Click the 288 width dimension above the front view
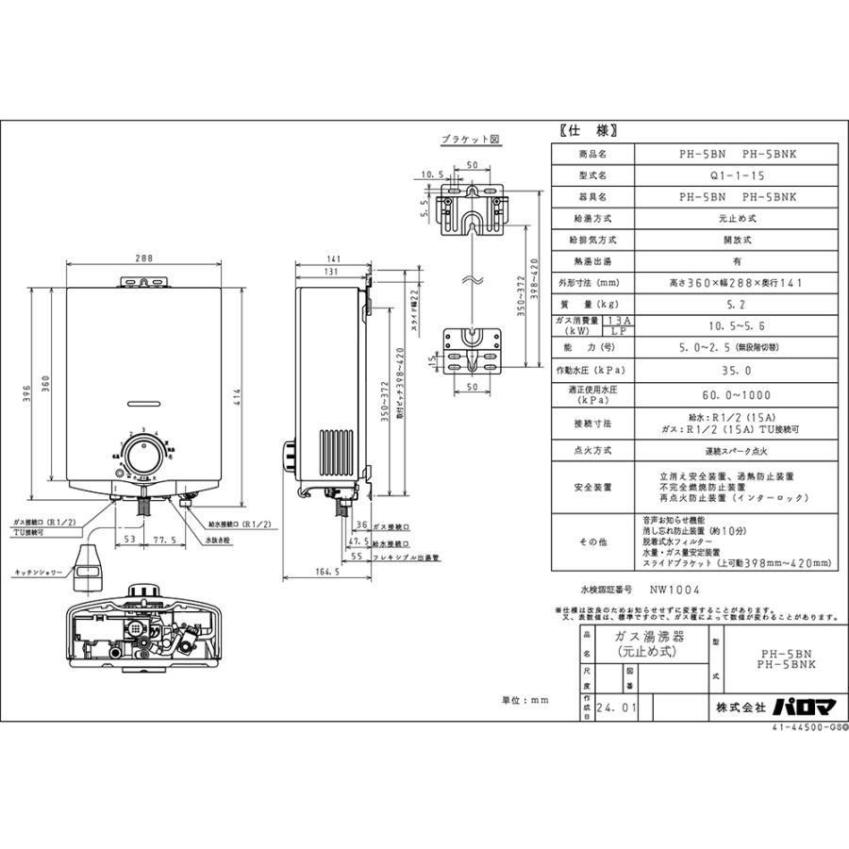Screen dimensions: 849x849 pyautogui.click(x=143, y=257)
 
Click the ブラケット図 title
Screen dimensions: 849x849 pyautogui.click(x=470, y=139)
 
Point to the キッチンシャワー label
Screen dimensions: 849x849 pyautogui.click(x=38, y=572)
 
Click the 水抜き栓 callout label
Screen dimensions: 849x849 pyautogui.click(x=215, y=541)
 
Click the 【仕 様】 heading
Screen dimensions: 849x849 pyautogui.click(x=582, y=132)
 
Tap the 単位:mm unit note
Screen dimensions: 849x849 pyautogui.click(x=525, y=701)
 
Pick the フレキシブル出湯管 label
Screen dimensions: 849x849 pyautogui.click(x=406, y=558)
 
